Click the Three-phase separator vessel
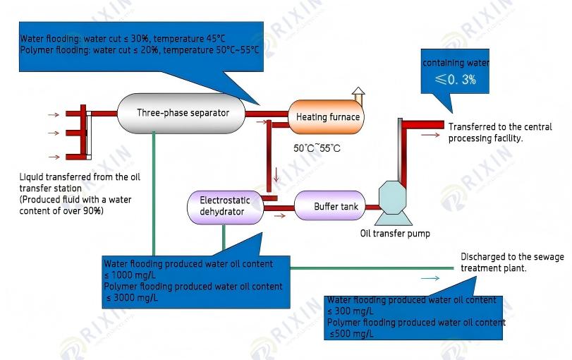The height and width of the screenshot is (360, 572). coord(182,113)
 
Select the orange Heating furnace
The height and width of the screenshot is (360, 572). coord(326,117)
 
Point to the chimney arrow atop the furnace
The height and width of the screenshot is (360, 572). coord(358,94)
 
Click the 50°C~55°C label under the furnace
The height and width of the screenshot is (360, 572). coord(317,148)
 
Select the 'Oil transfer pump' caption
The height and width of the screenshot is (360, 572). coord(395,234)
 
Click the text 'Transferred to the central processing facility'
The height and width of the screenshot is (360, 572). coord(499,133)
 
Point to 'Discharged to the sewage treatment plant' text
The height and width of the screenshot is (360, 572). coord(512,263)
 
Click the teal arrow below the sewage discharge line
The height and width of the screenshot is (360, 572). coord(430,279)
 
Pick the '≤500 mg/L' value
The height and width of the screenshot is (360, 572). coord(351,333)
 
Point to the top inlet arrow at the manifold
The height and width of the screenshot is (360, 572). coord(54,113)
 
